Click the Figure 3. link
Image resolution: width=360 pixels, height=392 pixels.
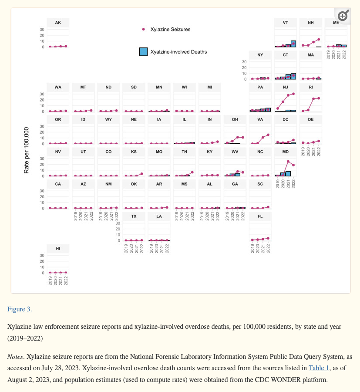click(x=19, y=309)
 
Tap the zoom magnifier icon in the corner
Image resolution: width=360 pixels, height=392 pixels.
click(x=343, y=16)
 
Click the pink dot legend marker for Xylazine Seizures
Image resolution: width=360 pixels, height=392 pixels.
click(x=144, y=29)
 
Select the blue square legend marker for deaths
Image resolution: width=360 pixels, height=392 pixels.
click(x=143, y=51)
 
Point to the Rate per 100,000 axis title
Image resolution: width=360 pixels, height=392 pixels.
click(x=27, y=150)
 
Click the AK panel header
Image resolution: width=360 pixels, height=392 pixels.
click(x=58, y=22)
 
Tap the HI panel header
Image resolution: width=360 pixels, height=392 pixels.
click(x=58, y=248)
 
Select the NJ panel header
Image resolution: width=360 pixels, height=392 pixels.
click(x=285, y=87)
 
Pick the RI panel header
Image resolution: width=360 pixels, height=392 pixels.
click(x=310, y=87)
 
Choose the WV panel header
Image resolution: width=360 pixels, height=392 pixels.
click(x=235, y=152)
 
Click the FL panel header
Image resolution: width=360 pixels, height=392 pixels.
click(x=260, y=216)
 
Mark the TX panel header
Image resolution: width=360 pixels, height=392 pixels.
click(x=134, y=216)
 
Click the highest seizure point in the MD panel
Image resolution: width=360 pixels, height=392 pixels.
click(x=288, y=162)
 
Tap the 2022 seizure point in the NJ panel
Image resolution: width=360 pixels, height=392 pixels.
click(x=293, y=94)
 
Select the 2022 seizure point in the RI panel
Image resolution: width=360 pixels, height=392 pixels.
click(x=319, y=98)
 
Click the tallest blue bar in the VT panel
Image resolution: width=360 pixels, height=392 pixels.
click(x=293, y=44)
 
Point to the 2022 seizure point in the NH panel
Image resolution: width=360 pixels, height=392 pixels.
click(x=319, y=39)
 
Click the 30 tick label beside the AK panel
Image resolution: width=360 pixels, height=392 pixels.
click(x=42, y=30)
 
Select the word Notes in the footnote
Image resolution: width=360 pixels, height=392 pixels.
click(x=15, y=357)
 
